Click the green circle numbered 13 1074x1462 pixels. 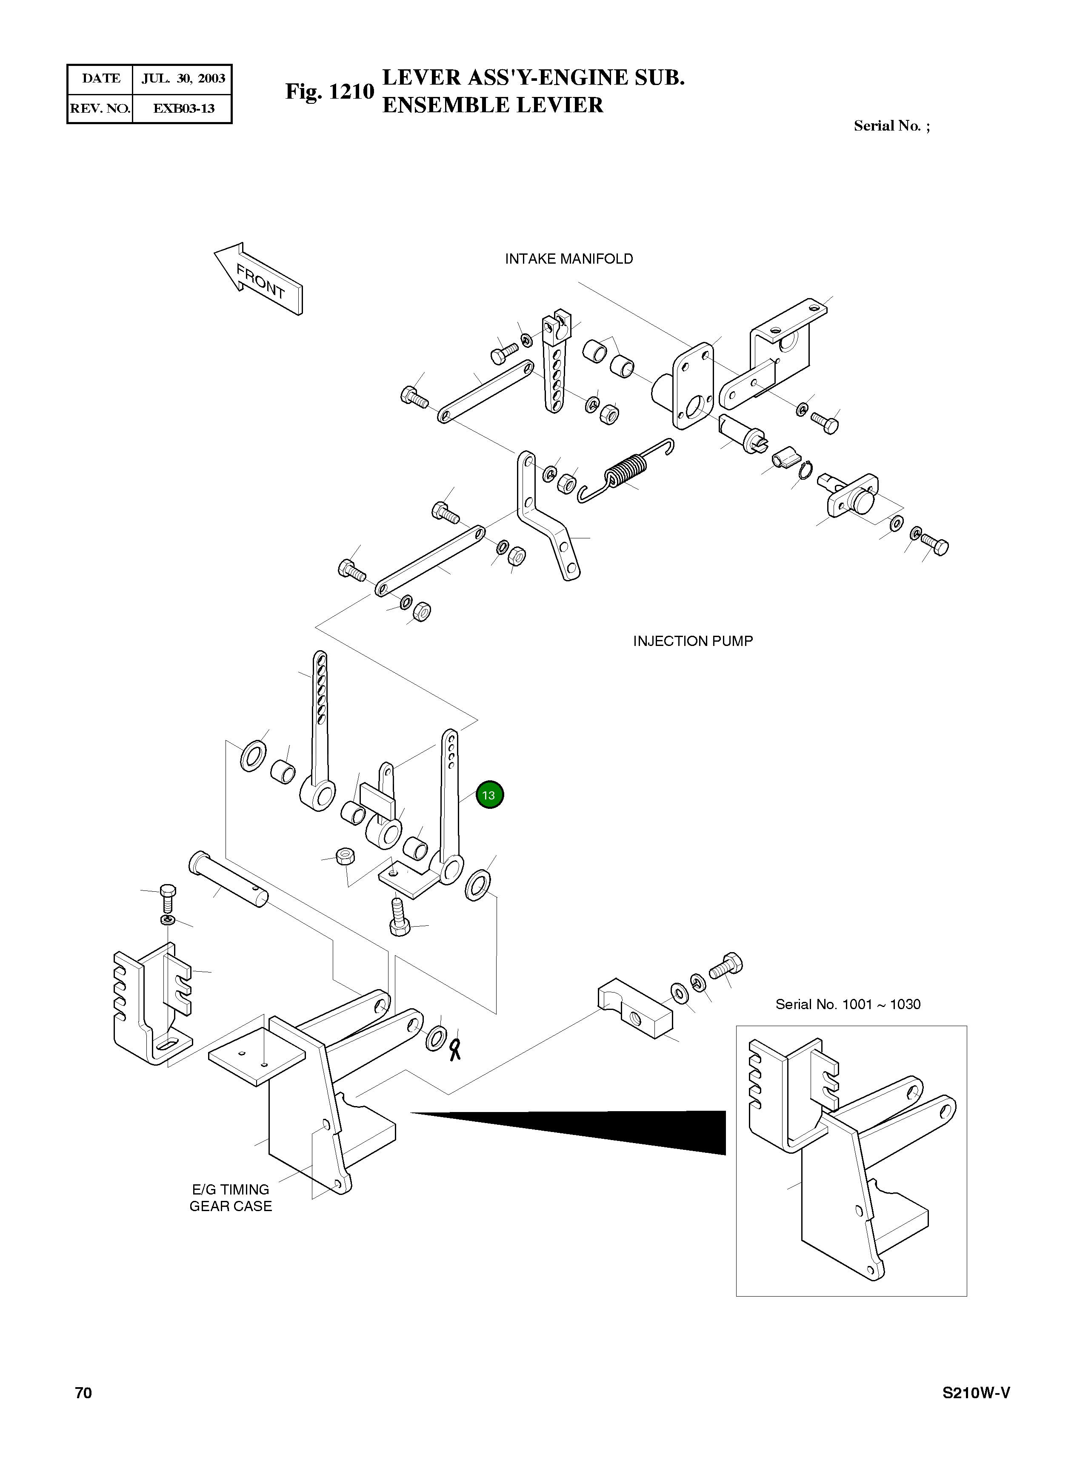coord(489,795)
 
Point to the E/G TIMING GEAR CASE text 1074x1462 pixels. coord(231,1197)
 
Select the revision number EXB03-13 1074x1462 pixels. coord(183,108)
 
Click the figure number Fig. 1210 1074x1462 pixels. coord(330,91)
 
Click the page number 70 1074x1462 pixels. coord(83,1393)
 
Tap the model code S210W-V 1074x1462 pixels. coord(976,1393)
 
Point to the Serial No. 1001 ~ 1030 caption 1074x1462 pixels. coord(847,1004)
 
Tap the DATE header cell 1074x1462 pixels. coord(101,79)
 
